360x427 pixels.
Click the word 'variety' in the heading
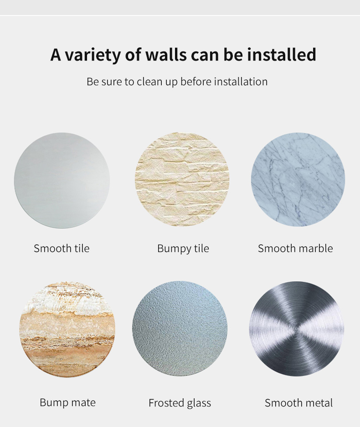point(93,55)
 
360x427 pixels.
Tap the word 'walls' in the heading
point(166,55)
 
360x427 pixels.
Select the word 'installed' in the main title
point(282,54)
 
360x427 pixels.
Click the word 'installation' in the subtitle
point(241,82)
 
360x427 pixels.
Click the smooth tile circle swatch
point(62,180)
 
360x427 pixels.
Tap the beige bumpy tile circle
point(182,180)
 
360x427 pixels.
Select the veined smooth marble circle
point(298,180)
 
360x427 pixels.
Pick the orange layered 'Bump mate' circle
point(67,329)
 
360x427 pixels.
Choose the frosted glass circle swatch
point(180,329)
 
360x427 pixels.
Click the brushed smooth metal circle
point(297,329)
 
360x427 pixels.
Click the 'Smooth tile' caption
point(62,248)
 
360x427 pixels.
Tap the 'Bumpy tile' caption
point(183,249)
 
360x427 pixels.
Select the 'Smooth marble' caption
point(295,248)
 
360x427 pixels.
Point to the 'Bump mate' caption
point(67,402)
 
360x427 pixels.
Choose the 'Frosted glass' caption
point(180,403)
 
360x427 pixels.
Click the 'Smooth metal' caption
point(299,403)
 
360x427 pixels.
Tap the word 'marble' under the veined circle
point(316,248)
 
